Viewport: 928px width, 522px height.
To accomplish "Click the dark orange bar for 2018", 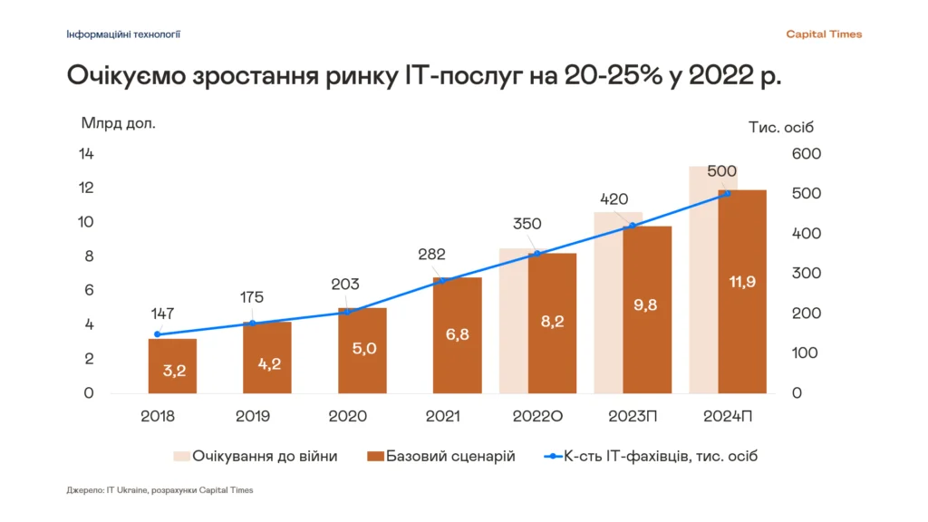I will (172, 365).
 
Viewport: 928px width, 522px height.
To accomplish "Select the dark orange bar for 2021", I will (457, 335).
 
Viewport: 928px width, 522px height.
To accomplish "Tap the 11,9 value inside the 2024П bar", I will (742, 282).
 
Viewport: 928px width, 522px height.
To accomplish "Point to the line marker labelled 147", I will (157, 334).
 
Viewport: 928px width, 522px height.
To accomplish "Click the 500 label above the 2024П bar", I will (721, 171).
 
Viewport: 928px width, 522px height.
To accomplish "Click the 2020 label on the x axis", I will (348, 417).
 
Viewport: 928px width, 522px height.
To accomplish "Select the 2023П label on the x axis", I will (633, 417).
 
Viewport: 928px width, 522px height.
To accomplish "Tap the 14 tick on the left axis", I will (87, 154).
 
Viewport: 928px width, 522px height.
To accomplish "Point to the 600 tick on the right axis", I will (806, 154).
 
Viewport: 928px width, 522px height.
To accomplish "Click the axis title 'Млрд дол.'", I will (119, 123).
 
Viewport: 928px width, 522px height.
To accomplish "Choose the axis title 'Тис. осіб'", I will (783, 128).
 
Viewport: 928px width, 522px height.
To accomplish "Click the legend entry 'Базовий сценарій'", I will (440, 456).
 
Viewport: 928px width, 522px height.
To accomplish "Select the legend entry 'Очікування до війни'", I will (255, 456).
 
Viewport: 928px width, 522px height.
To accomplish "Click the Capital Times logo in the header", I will (824, 34).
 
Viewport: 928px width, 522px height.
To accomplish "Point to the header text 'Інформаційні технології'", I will (123, 34).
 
